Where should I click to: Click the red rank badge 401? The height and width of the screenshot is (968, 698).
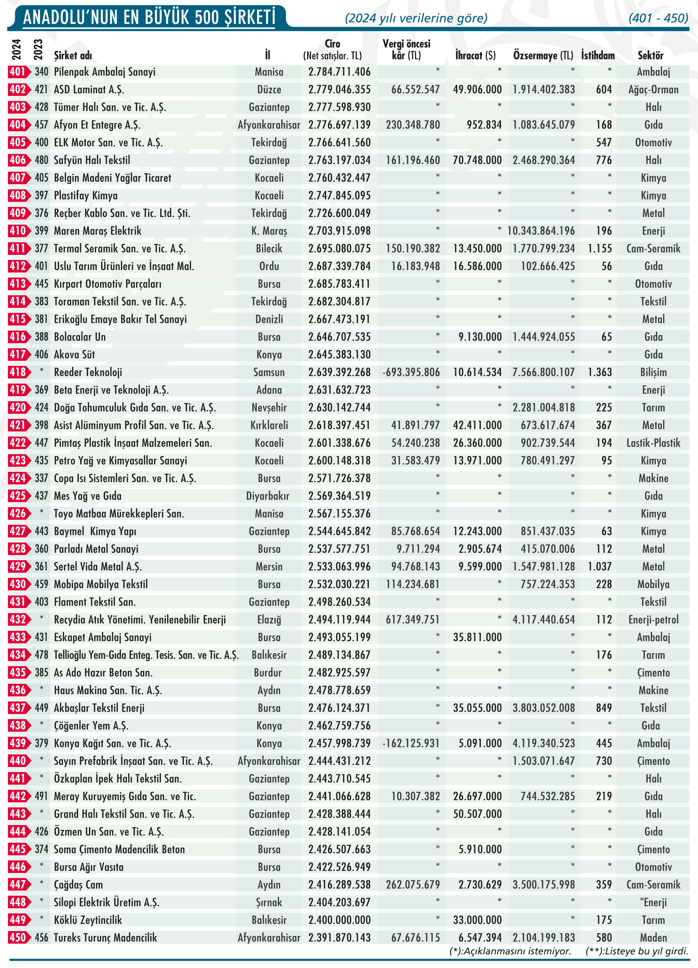pos(18,72)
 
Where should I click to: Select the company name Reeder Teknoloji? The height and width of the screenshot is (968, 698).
pos(88,372)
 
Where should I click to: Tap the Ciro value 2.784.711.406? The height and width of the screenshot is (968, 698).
pos(340,72)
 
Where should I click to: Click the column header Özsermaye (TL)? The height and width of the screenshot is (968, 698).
pos(543,56)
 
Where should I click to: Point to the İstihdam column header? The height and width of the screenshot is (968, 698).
pos(598,56)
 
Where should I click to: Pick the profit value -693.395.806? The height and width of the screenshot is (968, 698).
pos(411,372)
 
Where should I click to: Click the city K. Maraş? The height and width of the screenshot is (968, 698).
pos(269,231)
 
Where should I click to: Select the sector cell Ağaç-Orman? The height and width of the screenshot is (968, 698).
pos(653,90)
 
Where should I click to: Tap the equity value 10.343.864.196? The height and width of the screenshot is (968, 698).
pos(541,231)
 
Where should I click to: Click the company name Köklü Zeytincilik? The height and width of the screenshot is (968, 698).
pos(88,920)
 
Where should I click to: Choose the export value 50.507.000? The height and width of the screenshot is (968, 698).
pos(477,814)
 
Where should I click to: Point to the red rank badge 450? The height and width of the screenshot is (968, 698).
pos(18,938)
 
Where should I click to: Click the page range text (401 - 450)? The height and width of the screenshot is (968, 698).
pos(658,18)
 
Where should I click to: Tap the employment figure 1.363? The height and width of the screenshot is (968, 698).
pos(599,372)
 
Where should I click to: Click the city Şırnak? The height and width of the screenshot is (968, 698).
pos(269,902)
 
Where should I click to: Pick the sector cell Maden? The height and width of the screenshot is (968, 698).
pos(653,938)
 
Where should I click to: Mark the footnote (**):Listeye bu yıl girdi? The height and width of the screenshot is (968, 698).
pos(636,951)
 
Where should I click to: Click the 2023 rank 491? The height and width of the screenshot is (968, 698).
pos(42,797)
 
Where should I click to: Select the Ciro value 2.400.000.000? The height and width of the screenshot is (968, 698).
pos(340,920)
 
